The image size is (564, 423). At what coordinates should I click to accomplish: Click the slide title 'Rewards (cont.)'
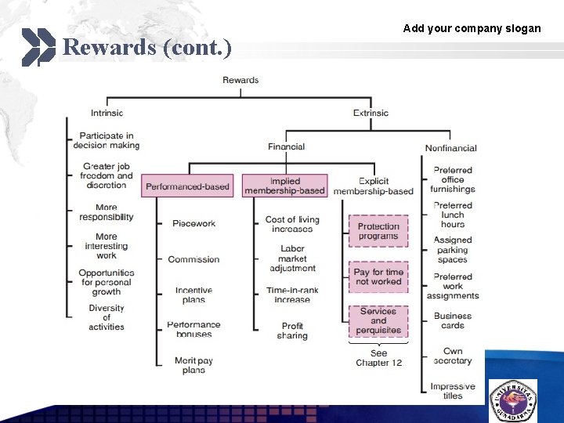click(146, 48)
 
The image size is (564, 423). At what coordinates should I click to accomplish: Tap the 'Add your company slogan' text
click(472, 28)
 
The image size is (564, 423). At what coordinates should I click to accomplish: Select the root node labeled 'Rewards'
click(240, 80)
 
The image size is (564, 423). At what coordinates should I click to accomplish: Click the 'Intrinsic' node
click(107, 113)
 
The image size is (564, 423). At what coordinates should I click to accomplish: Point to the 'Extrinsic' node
click(371, 113)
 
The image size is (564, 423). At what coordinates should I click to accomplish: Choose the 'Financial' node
click(286, 146)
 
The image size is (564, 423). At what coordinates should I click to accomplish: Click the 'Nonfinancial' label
click(450, 148)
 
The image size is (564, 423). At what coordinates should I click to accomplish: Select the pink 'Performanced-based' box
click(188, 186)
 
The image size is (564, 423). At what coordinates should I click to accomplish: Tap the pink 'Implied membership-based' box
click(285, 186)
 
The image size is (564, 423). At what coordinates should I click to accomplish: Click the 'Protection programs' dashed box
click(378, 231)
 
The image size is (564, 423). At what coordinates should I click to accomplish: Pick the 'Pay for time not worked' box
click(378, 277)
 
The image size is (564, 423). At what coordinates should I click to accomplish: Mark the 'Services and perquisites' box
click(378, 320)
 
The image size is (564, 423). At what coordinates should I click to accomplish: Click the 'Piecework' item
click(193, 224)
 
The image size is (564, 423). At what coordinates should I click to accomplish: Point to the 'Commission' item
click(193, 259)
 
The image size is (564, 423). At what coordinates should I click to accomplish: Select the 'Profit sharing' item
click(292, 331)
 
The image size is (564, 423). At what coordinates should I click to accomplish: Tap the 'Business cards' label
click(453, 320)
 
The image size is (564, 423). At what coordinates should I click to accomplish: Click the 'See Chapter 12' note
click(378, 358)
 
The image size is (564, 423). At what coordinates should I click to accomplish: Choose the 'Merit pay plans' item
click(193, 365)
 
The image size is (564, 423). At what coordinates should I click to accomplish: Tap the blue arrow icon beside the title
click(38, 47)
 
